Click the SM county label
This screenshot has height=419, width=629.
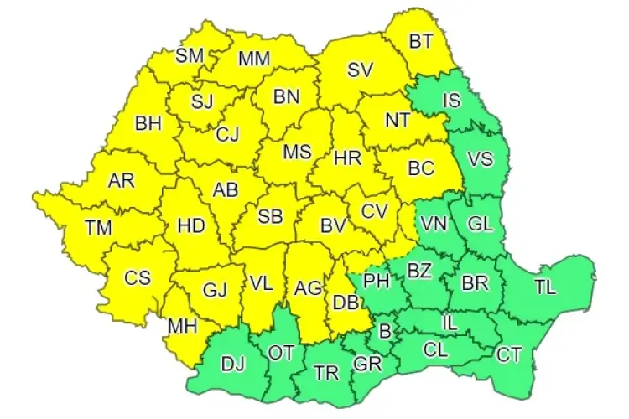tap(190, 56)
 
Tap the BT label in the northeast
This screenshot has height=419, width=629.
tap(420, 41)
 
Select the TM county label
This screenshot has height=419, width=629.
tap(98, 225)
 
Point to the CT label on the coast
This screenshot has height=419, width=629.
tap(508, 354)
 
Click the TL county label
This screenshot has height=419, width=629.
tap(545, 287)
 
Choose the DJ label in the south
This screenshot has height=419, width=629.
tap(232, 364)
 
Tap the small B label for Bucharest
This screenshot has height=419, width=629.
tap(385, 331)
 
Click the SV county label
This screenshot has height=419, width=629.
tap(360, 71)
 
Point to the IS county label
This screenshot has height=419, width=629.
tap(452, 101)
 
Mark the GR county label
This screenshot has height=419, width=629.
tap(366, 365)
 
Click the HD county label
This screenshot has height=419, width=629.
tap(191, 225)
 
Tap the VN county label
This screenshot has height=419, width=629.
tap(434, 225)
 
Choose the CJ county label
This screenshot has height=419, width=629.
tap(227, 134)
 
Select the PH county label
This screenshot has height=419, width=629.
tap(377, 281)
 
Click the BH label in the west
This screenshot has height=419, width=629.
tap(148, 124)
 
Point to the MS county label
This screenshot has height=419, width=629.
tap(297, 153)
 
